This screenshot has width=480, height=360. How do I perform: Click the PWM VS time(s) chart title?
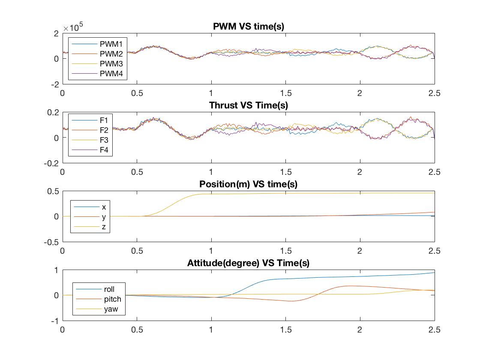249,27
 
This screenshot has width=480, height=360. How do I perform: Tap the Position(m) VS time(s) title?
249,184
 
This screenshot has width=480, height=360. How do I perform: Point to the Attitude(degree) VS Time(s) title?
249,263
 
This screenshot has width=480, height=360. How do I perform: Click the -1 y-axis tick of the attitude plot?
54,321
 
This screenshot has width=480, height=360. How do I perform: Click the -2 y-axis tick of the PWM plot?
54,84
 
